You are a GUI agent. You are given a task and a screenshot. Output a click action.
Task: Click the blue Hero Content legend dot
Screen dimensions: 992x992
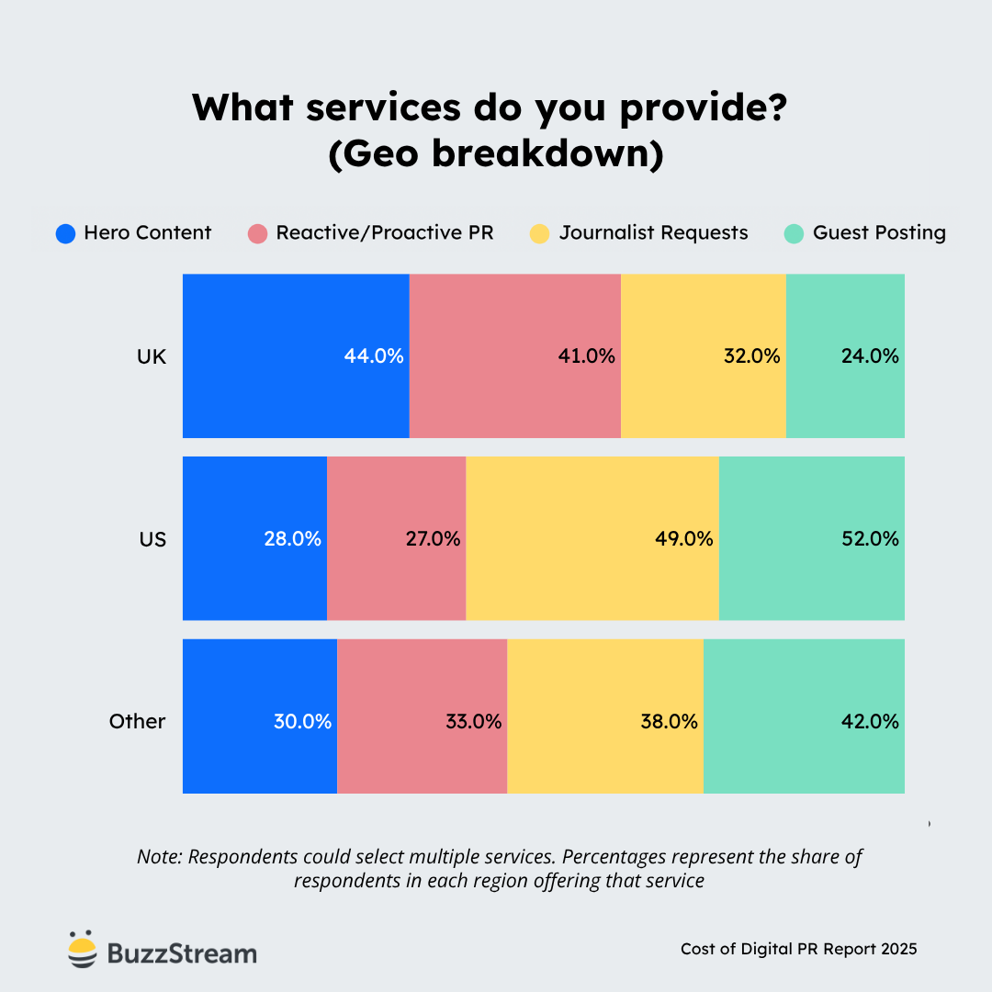pos(65,233)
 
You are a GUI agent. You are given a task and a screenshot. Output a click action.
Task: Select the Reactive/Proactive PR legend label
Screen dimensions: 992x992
pos(384,233)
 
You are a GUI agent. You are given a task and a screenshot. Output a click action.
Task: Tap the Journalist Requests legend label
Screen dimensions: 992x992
pos(653,233)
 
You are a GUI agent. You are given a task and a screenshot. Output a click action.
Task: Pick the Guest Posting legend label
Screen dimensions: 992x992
pos(878,233)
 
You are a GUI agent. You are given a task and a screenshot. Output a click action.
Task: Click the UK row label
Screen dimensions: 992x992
pos(152,356)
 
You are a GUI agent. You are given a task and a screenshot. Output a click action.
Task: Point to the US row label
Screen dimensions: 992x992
pos(152,539)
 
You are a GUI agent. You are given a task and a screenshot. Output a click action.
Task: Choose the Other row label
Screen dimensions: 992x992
pos(137,722)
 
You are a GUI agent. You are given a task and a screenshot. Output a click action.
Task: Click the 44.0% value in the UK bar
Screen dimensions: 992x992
pos(374,356)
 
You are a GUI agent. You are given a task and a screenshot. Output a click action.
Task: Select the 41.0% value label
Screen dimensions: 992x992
pos(586,356)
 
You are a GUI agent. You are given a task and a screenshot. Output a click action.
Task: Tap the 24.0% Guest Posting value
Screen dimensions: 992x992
pos(869,356)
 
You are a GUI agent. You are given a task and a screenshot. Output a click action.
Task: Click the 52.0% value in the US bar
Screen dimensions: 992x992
pos(869,539)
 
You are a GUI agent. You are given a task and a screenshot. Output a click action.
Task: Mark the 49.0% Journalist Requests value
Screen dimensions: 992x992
pos(683,539)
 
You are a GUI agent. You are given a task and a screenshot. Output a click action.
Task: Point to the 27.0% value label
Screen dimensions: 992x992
pos(433,539)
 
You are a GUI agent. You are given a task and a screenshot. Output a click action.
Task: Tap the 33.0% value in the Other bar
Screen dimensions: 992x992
pos(472,722)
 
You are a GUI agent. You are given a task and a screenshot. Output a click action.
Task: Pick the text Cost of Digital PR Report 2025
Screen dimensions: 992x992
pos(798,949)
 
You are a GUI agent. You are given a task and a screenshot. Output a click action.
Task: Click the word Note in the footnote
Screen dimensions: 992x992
pos(159,857)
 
